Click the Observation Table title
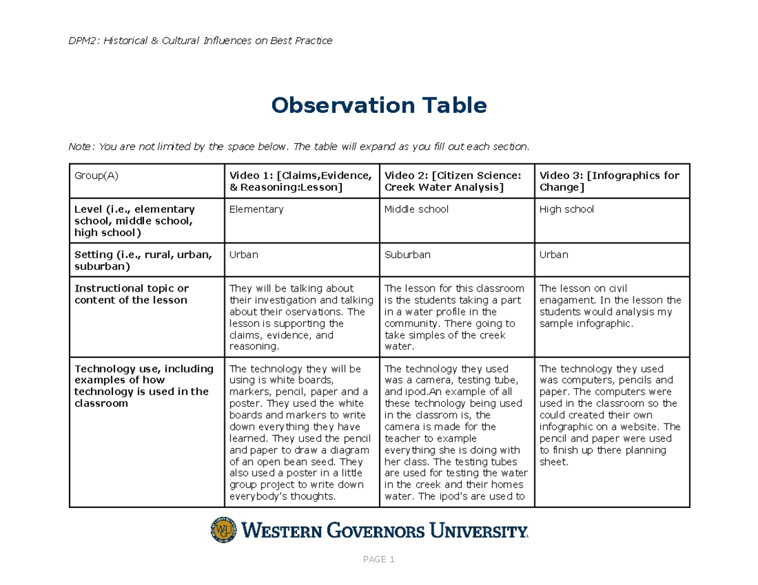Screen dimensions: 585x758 click(x=379, y=105)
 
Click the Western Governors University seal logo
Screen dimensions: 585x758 click(x=224, y=530)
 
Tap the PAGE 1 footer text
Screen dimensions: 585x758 click(x=379, y=560)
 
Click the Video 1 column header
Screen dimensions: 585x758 click(x=300, y=181)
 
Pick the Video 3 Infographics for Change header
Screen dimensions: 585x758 click(x=610, y=181)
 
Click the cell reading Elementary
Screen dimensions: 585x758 click(x=256, y=210)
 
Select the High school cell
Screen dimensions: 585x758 click(x=567, y=210)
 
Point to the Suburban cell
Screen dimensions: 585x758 click(x=407, y=255)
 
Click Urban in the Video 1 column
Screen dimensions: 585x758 click(x=244, y=255)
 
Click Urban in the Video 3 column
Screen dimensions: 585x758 click(x=554, y=255)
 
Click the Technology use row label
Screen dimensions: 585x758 click(x=144, y=386)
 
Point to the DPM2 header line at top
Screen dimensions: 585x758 click(x=200, y=41)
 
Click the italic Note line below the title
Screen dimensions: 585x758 click(x=298, y=147)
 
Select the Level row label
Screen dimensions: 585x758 click(x=135, y=221)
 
